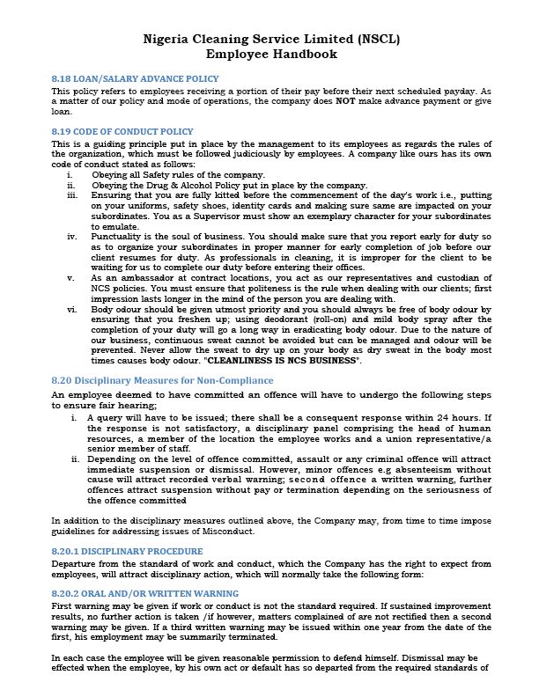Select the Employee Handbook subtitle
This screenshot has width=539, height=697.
[x=269, y=55]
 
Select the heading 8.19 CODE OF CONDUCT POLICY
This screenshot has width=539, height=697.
[x=122, y=131]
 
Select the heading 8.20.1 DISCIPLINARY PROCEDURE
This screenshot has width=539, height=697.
[x=127, y=551]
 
